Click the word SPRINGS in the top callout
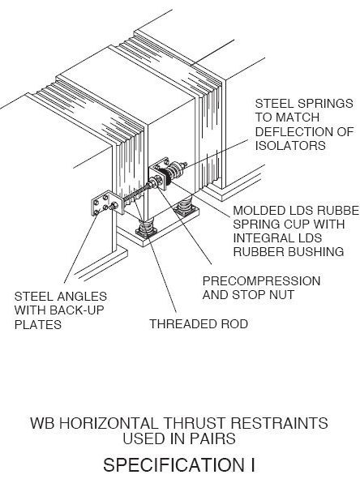(x=323, y=103)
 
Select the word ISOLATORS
(x=290, y=145)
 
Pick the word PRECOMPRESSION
(x=261, y=281)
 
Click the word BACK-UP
(x=76, y=310)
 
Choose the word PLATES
(x=38, y=324)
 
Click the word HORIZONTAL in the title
(x=109, y=423)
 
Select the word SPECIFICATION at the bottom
(x=173, y=465)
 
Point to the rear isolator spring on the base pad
(x=184, y=206)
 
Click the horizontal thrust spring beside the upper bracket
(x=177, y=169)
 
